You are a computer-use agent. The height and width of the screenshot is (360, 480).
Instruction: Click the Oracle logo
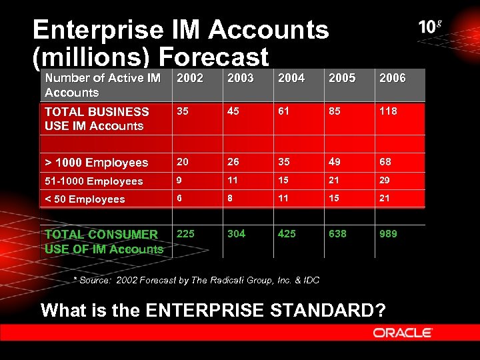(x=403, y=332)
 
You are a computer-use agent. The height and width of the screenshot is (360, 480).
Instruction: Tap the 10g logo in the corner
(x=430, y=27)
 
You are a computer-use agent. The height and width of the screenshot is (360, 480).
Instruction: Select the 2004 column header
(x=291, y=78)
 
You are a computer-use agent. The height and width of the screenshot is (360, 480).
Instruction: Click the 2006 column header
(x=393, y=78)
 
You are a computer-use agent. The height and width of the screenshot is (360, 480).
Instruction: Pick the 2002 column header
(x=190, y=78)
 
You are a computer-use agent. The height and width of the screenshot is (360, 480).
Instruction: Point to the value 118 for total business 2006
(x=388, y=111)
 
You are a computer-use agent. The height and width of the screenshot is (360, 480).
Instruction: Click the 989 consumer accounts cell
(x=388, y=233)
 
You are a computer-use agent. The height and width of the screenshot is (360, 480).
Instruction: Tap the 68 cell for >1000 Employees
(x=385, y=162)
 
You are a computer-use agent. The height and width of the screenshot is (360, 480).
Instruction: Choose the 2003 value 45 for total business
(x=233, y=111)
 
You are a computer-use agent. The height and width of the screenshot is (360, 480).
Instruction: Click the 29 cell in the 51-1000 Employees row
(x=385, y=181)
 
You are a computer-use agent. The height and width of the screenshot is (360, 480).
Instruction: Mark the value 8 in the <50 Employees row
(x=231, y=198)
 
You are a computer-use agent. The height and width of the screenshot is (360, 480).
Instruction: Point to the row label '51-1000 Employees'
(x=94, y=181)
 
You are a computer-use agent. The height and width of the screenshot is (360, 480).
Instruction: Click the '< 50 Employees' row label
(x=85, y=199)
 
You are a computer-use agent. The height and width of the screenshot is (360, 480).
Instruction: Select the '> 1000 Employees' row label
(x=96, y=163)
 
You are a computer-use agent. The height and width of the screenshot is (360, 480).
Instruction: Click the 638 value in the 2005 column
(x=337, y=233)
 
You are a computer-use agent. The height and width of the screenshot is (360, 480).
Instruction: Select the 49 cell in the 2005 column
(x=335, y=162)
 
